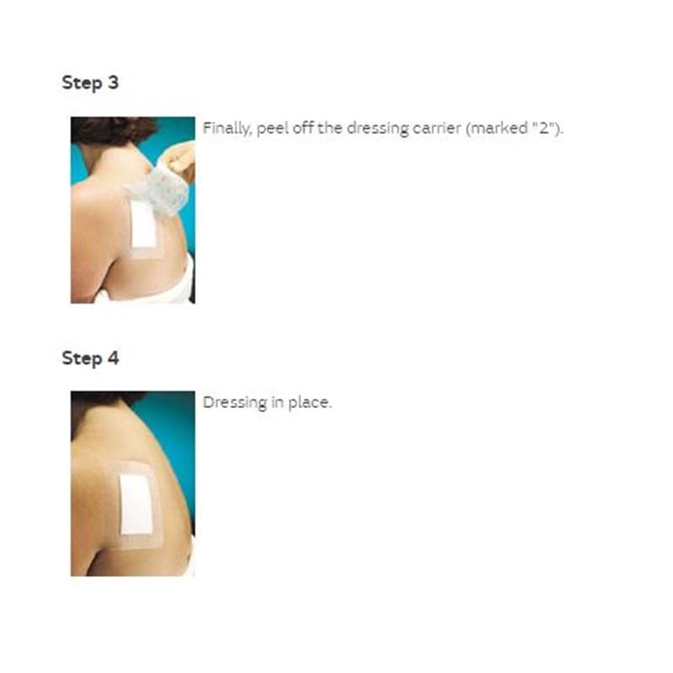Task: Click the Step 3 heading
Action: (x=90, y=82)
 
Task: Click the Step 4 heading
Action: (x=90, y=358)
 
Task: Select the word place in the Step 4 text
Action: (x=310, y=403)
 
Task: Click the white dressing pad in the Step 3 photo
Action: (x=143, y=224)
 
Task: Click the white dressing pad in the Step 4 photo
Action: (x=136, y=504)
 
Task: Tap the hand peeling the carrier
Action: (x=180, y=162)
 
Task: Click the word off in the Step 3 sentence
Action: (x=303, y=128)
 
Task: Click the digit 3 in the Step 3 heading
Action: (x=113, y=82)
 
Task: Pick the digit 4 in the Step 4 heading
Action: (x=114, y=358)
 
